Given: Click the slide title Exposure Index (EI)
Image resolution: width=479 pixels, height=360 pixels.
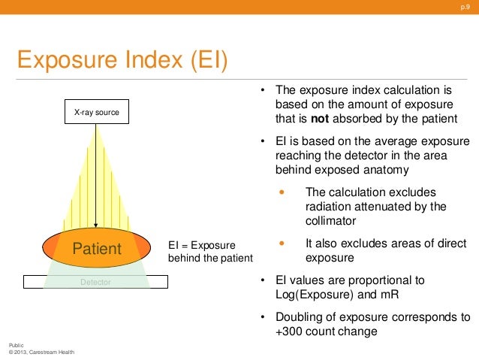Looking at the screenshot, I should pos(122,59).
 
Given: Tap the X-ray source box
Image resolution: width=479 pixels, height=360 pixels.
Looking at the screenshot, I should pos(96,113).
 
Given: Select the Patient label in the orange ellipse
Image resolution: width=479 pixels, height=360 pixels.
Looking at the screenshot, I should pos(96,249).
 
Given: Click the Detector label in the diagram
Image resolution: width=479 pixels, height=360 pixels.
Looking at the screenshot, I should pos(95,282).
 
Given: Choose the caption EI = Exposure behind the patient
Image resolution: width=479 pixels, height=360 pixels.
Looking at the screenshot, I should pos(210,252).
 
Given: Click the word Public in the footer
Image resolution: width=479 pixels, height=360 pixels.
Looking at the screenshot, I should pos(17,344).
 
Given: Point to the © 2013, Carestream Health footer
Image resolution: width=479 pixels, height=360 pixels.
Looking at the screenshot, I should pos(41,352).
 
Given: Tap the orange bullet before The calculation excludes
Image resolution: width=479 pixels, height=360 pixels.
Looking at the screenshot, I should pos(282,192).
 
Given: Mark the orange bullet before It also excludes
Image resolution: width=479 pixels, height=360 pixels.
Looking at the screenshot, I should pos(282,244).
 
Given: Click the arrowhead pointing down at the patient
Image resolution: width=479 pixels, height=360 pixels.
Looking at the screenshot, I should pos(96,225).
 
